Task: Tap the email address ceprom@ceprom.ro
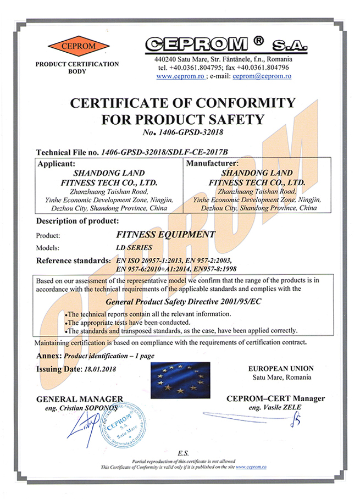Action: click(262, 76)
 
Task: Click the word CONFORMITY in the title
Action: click(246, 103)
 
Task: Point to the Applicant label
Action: click(59, 163)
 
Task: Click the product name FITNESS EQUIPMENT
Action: click(168, 234)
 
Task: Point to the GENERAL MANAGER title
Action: click(79, 399)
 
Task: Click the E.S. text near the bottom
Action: click(183, 453)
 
